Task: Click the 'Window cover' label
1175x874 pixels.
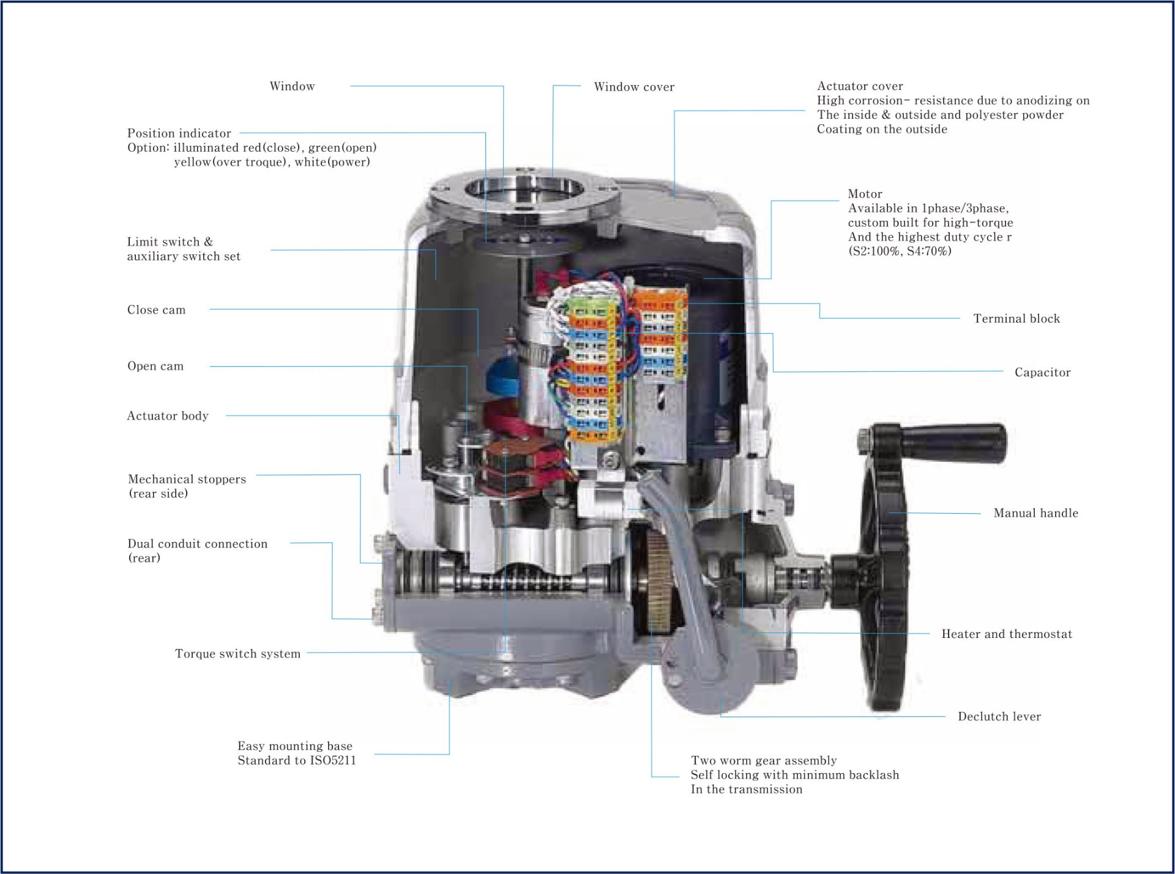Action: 634,87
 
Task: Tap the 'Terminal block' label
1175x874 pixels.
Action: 1016,319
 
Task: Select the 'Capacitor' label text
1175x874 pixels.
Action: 1042,372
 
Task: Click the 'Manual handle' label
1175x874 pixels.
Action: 1035,513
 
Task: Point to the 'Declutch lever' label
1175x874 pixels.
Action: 999,716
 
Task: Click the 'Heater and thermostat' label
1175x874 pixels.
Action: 1007,634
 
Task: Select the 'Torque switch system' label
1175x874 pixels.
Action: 237,654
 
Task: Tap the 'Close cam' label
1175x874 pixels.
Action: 156,310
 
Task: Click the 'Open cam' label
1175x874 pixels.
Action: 155,366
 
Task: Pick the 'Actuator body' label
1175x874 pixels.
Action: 168,416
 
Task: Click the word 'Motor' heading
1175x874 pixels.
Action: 865,194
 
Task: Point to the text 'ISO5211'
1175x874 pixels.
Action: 333,760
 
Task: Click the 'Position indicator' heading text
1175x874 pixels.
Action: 179,133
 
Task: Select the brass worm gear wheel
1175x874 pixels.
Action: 657,581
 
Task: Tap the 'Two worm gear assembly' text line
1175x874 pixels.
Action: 764,761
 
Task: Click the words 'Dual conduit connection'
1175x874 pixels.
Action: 197,544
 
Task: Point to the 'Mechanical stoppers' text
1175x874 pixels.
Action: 187,479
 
